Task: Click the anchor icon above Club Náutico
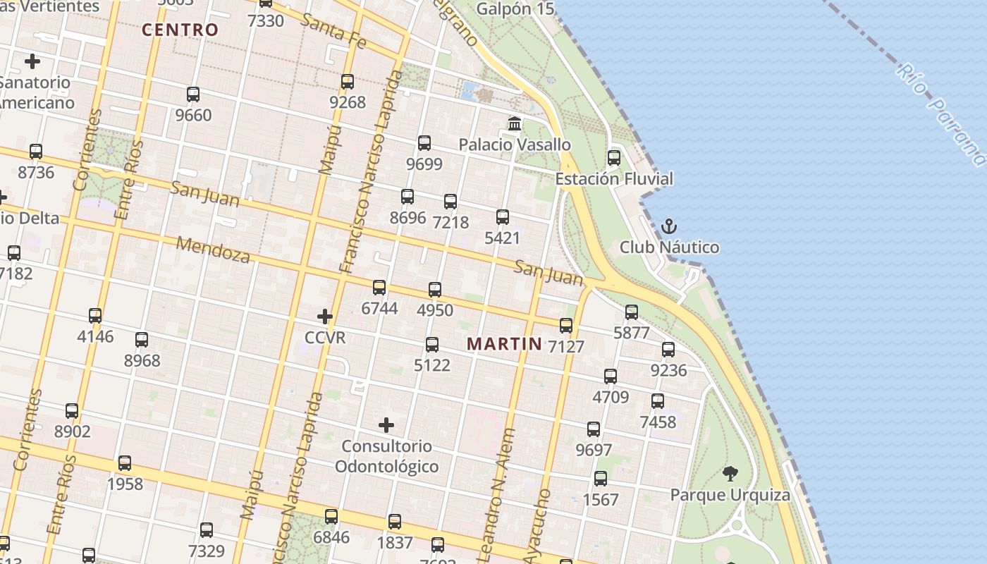[668, 226]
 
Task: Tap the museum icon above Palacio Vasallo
[515, 124]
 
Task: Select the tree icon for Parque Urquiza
[730, 474]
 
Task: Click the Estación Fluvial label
[614, 178]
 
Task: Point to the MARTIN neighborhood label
[505, 344]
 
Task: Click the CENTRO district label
[180, 30]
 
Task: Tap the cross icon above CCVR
[325, 317]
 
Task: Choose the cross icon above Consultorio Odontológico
[386, 425]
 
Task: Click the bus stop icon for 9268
[348, 82]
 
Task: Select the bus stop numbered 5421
[503, 217]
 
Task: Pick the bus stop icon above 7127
[566, 326]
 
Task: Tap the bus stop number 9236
[668, 369]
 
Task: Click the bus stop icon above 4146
[95, 316]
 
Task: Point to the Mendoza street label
[213, 250]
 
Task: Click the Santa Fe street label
[333, 31]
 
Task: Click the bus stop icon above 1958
[125, 463]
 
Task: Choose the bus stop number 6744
[379, 308]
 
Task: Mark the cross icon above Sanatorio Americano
[32, 62]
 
